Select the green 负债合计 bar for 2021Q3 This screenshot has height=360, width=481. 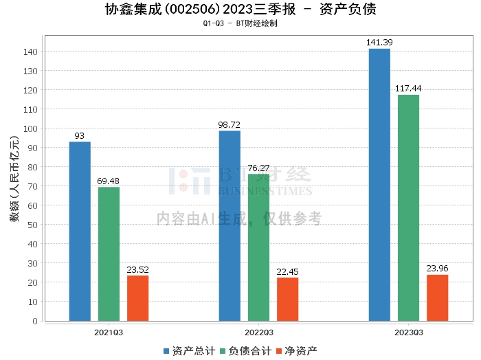tap(109, 254)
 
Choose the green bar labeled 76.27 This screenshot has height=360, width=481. tap(258, 247)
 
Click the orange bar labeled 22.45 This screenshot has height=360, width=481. tap(287, 299)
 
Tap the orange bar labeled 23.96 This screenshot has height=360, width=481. tap(437, 297)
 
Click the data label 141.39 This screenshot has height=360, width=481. tap(379, 43)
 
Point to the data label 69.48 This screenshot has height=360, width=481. tap(109, 181)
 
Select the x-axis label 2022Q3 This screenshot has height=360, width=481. tap(258, 331)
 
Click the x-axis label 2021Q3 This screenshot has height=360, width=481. tap(109, 331)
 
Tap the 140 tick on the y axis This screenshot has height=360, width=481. tap(32, 52)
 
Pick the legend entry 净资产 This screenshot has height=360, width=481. tap(298, 351)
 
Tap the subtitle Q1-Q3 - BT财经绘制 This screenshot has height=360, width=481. tap(240, 23)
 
